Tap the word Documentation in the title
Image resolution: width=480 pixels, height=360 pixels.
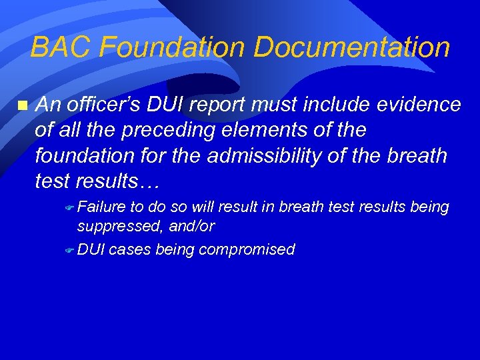pos(351,47)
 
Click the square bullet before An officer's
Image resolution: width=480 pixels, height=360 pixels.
pos(22,105)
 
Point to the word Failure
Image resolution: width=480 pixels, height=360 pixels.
pos(102,207)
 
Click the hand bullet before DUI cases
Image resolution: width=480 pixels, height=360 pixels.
pos(70,251)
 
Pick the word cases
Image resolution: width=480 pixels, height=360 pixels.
pos(129,250)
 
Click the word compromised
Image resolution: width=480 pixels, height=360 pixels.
pos(246,250)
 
